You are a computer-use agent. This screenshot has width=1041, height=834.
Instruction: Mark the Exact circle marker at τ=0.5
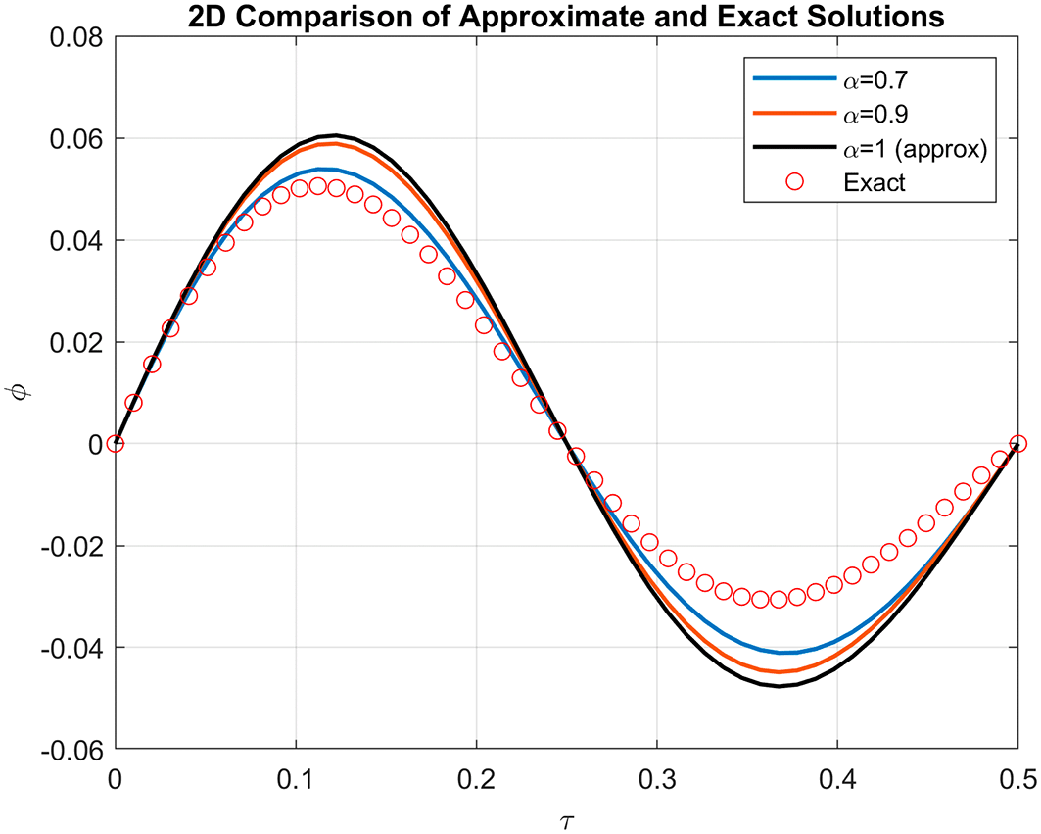click(1017, 443)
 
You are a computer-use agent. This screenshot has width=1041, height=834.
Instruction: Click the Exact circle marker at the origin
click(116, 443)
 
